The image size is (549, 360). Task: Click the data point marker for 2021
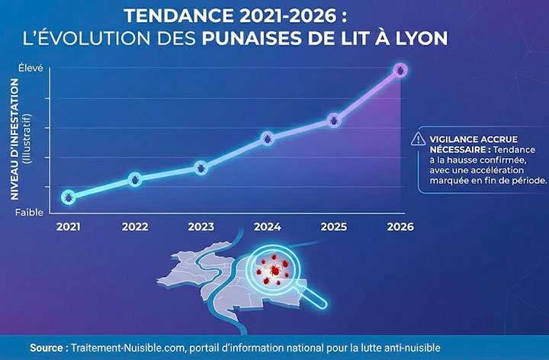pos(68,197)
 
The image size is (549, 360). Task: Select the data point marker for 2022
pos(135,180)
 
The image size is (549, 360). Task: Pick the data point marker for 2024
pos(268,138)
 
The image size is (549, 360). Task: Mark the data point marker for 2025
pos(334,120)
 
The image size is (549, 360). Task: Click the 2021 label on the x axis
pos(68,227)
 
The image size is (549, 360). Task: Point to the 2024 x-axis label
pos(268,227)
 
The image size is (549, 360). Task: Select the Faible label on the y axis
pos(30,212)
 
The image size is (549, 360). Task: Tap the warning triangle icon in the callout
pos(418,139)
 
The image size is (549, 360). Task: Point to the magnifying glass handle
pos(318,300)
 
